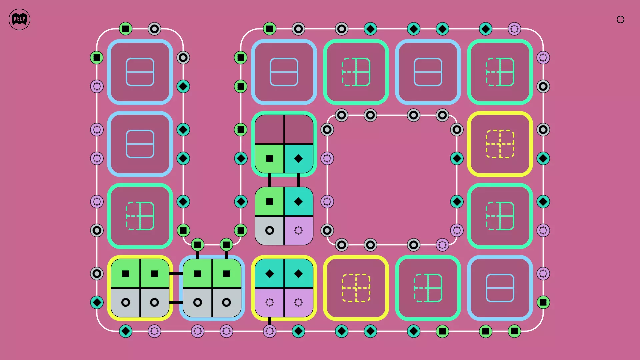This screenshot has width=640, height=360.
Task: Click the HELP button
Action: pos(19,19)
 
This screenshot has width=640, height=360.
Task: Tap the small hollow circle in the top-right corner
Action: pos(620,20)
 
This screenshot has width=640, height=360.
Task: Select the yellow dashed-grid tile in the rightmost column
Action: pos(500,144)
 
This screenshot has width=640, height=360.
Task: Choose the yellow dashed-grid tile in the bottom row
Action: pos(356,288)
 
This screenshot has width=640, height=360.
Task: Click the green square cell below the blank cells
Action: pos(269,159)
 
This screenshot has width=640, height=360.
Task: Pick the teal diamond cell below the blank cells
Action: pos(298,159)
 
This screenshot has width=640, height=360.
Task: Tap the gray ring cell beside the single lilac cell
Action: pos(269,230)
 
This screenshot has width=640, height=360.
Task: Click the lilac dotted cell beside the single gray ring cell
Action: pos(298,230)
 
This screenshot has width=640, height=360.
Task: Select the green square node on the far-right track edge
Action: pos(543,302)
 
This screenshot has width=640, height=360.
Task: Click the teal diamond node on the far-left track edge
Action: pos(97,302)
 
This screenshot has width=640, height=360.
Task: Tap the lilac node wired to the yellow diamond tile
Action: pos(269,331)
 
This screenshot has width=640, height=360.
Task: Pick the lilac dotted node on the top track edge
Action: pos(514,29)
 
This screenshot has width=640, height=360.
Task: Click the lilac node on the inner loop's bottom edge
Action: pos(442,245)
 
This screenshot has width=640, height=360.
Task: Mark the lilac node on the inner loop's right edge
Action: pos(457,230)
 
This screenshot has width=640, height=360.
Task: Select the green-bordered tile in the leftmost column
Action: pos(140,216)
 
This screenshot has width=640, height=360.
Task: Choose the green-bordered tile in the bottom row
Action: pos(428,288)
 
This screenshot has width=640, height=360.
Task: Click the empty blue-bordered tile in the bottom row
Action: pos(500,288)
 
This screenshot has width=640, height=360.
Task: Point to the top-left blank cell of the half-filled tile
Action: pos(269,130)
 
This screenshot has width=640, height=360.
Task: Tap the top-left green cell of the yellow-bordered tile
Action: pos(126,274)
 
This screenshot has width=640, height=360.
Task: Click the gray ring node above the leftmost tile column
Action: pos(154,29)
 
